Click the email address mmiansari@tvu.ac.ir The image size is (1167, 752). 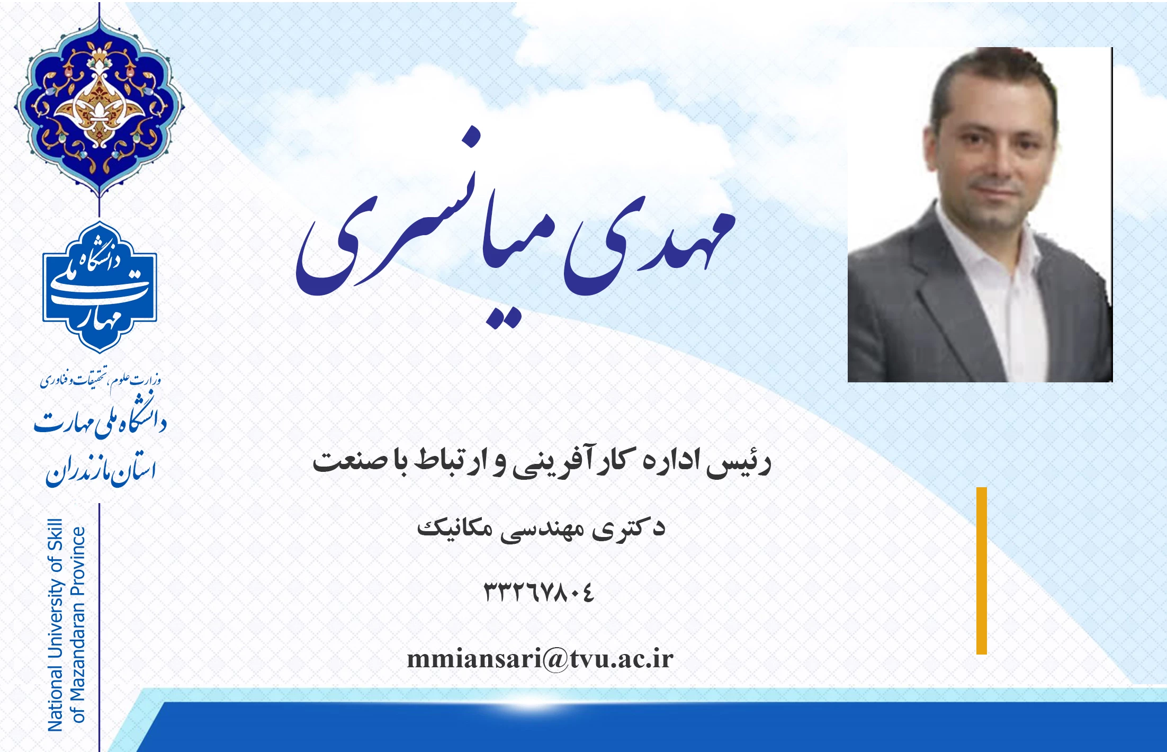(540, 659)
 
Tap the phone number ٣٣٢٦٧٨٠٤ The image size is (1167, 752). (539, 592)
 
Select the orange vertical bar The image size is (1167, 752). (982, 571)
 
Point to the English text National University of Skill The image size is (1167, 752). (56, 625)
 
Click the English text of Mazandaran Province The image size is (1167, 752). (78, 625)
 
